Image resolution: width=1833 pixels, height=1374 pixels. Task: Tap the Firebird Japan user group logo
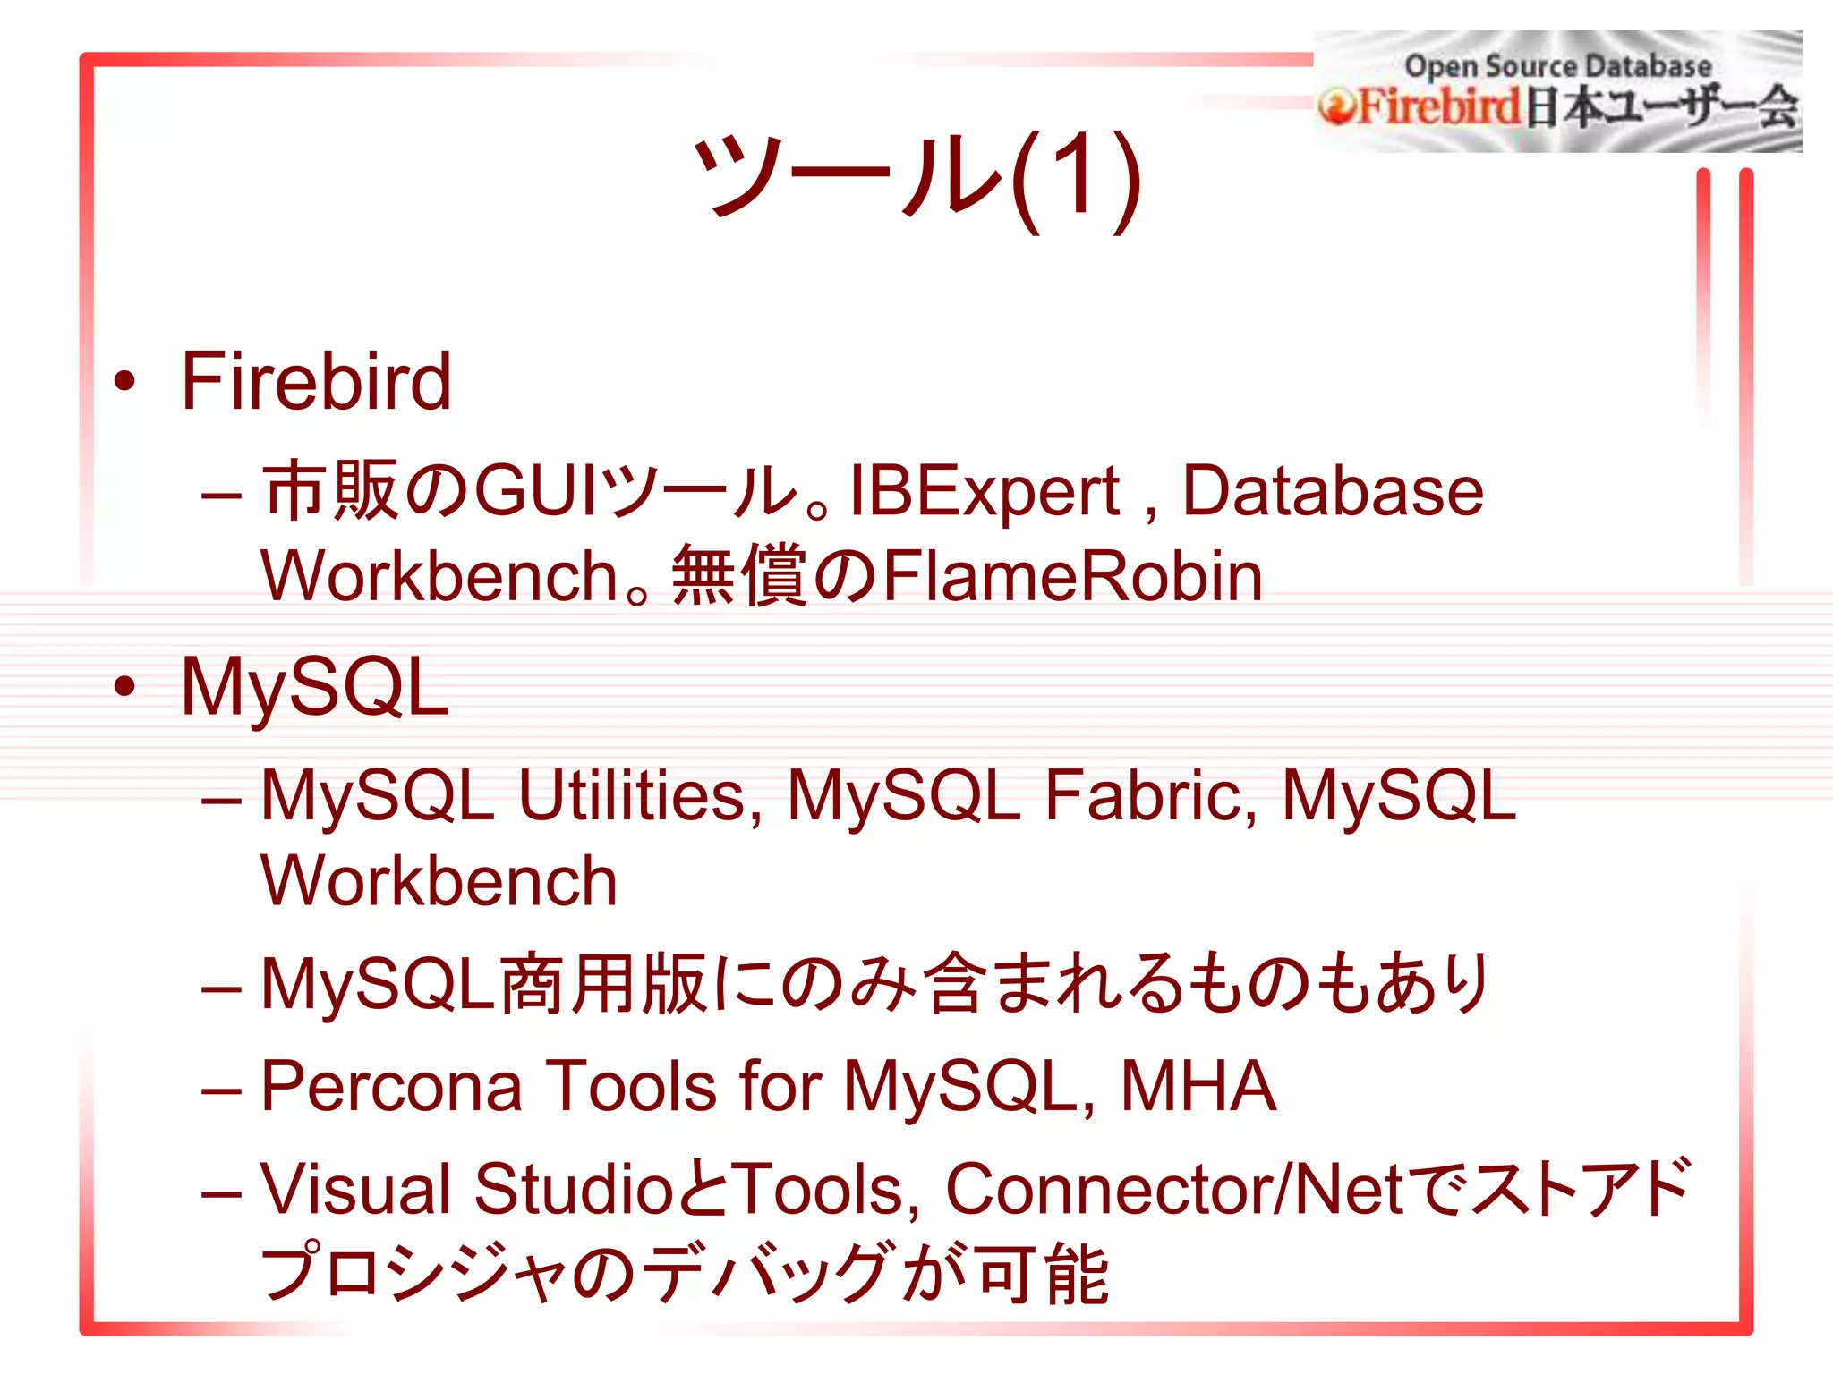tap(1557, 92)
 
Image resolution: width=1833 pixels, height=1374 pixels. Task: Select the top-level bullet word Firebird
tap(316, 382)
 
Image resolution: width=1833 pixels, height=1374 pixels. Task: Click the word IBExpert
tap(985, 491)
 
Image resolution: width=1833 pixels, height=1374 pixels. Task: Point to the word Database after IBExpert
tap(1333, 491)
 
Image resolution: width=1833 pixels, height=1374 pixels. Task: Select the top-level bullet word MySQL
tap(314, 688)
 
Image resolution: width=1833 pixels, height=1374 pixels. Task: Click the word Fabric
tap(1151, 795)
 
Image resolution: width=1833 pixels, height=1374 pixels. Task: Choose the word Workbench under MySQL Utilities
tap(439, 881)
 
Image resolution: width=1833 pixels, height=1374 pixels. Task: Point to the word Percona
tap(391, 1087)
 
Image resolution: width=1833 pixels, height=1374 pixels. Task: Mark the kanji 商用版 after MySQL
tap(604, 985)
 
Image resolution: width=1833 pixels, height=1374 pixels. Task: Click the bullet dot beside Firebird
tap(124, 382)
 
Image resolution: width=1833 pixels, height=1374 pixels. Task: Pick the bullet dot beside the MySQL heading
tap(124, 687)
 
